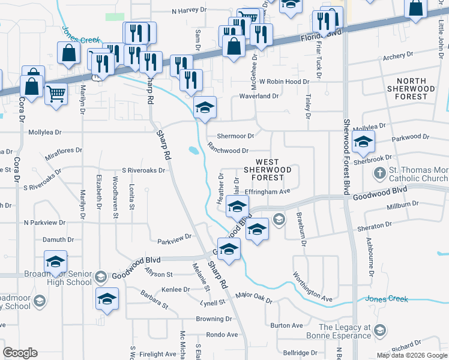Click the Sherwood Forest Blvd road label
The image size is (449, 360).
(346, 156)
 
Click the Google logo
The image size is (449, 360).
(20, 353)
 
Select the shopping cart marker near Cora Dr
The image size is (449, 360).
(56, 93)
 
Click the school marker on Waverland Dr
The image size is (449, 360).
(205, 108)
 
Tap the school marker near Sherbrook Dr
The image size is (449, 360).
(363, 143)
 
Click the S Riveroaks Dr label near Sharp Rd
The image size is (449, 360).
(143, 170)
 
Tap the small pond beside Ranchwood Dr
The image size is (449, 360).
(193, 151)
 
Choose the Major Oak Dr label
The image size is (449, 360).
(254, 298)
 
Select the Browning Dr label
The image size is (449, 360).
(214, 319)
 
